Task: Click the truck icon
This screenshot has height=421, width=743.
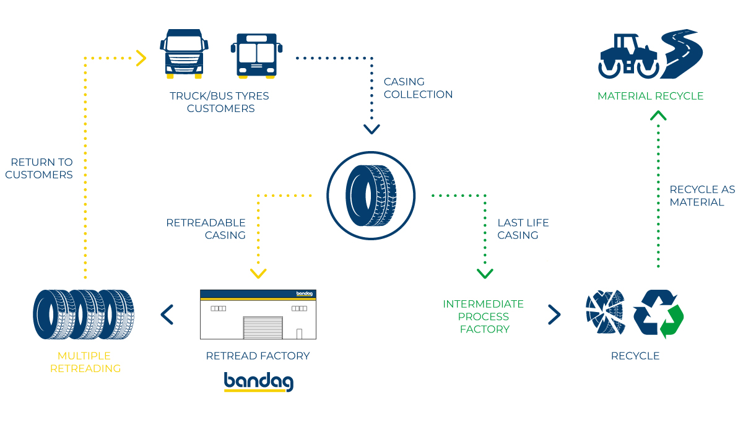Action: [184, 54]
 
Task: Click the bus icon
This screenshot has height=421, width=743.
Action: [256, 55]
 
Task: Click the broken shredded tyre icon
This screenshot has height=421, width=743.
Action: [605, 313]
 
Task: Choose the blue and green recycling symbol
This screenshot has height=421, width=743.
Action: [658, 314]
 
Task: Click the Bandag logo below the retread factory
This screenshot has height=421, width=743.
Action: [258, 381]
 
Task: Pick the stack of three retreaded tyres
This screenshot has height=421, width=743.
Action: [84, 315]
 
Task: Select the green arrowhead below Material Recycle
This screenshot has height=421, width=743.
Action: [658, 115]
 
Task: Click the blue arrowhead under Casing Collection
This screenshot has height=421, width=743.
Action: [371, 129]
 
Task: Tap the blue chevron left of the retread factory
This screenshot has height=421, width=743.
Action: [167, 315]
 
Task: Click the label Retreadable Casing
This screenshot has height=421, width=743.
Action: [206, 228]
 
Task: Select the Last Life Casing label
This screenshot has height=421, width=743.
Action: [523, 228]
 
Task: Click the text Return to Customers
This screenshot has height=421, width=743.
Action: [39, 168]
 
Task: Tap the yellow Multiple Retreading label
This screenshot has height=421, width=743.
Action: [85, 362]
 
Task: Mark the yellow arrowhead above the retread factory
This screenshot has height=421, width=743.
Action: [258, 273]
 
